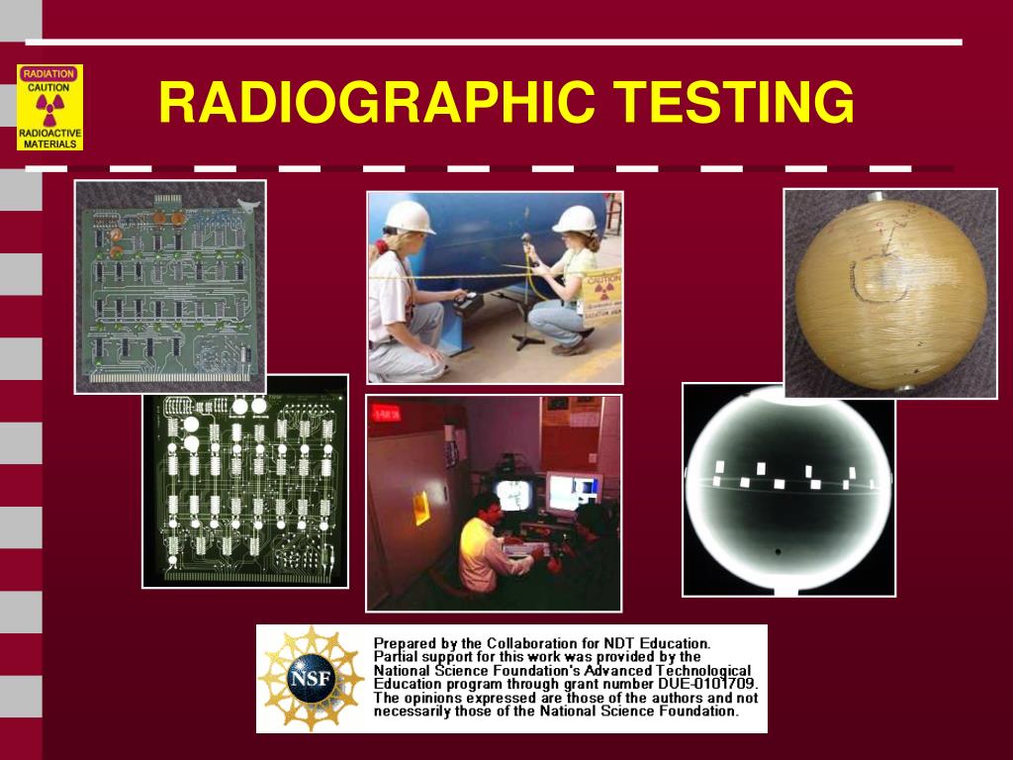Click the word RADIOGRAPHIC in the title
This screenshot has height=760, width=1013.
(376, 103)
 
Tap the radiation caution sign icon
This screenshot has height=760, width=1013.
(49, 107)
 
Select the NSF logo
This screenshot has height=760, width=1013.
(311, 679)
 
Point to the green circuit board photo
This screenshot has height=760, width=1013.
(170, 286)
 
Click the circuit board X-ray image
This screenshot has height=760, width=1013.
(245, 481)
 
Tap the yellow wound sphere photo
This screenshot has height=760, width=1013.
(890, 293)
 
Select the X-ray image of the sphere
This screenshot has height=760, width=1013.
(788, 489)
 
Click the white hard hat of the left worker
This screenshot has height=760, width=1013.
(409, 217)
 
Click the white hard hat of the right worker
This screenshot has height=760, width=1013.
(575, 219)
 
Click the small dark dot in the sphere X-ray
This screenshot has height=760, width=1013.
(778, 552)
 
